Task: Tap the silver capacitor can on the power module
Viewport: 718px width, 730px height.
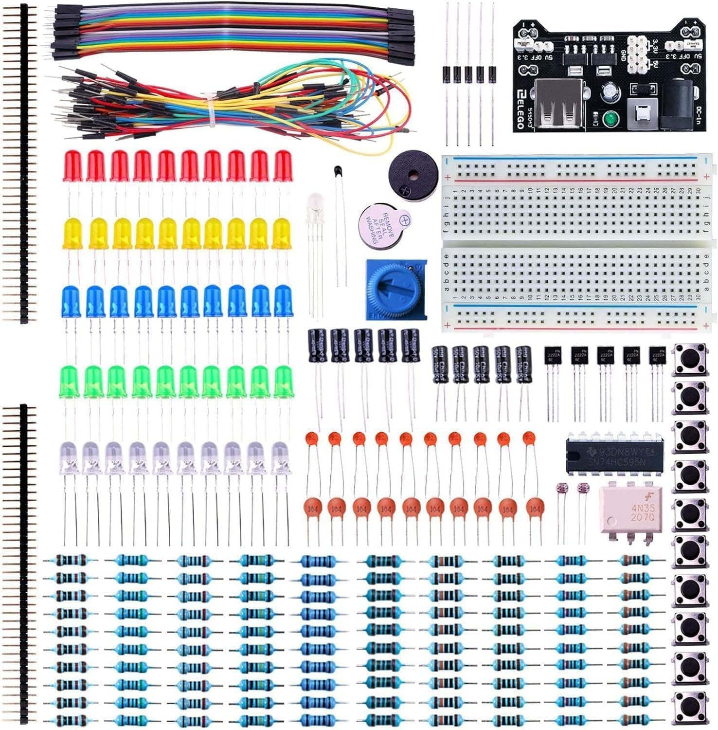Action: [609, 91]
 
